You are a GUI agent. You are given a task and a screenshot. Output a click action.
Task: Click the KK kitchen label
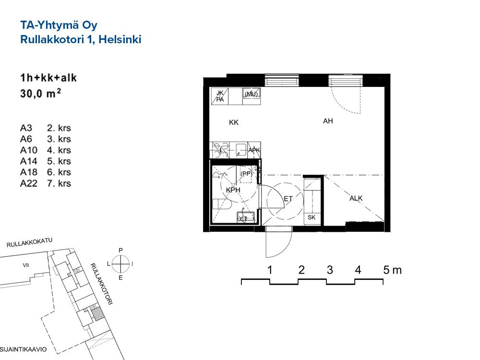(x=234, y=122)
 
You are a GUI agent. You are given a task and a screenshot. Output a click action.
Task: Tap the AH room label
(x=328, y=121)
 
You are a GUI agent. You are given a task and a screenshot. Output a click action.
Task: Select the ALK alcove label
(x=356, y=198)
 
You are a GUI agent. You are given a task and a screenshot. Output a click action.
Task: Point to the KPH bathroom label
(x=233, y=190)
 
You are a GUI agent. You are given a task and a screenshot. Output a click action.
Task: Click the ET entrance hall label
(x=288, y=199)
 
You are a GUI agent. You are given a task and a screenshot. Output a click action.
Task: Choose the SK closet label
(x=312, y=217)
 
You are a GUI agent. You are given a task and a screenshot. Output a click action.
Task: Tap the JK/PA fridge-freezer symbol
(x=220, y=96)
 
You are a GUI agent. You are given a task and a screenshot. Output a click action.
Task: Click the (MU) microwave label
(x=252, y=94)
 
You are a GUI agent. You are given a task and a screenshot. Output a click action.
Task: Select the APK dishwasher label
(x=254, y=150)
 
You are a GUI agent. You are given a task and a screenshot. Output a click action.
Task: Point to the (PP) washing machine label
(x=246, y=174)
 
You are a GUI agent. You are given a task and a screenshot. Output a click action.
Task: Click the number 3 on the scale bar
(x=330, y=270)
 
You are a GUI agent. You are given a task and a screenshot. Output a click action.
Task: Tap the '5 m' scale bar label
(x=393, y=270)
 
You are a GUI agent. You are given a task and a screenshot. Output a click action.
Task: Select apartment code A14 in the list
(x=28, y=161)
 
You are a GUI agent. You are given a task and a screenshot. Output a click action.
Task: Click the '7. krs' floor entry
(x=59, y=183)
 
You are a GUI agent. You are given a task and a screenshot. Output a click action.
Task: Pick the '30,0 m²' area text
(x=40, y=93)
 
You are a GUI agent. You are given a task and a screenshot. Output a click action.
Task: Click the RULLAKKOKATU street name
(x=29, y=242)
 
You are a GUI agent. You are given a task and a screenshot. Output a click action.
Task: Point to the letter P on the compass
(x=120, y=251)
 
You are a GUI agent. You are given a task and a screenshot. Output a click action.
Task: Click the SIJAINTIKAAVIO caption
(x=23, y=349)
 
